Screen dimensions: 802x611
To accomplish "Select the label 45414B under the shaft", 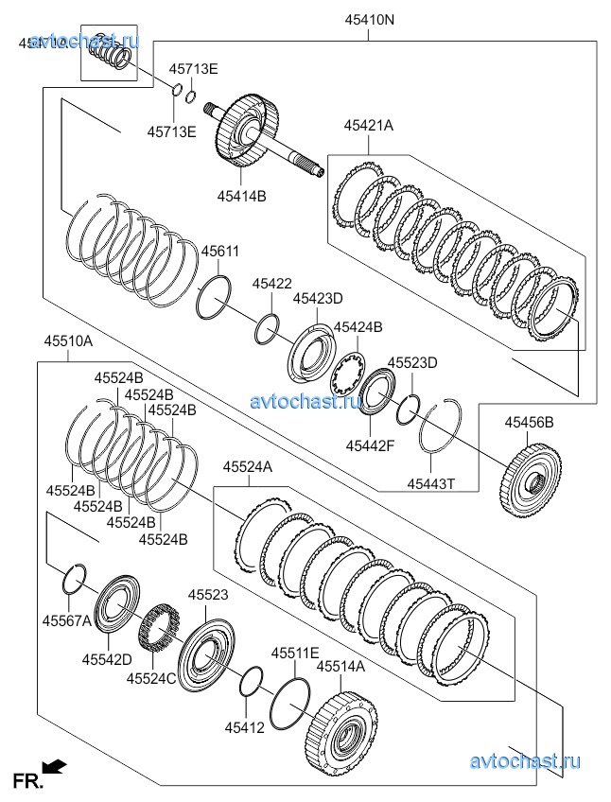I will click(x=241, y=196).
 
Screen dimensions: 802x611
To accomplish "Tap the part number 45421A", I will click(x=368, y=124).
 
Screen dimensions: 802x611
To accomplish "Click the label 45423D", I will click(x=317, y=299).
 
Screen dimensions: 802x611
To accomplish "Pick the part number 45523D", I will click(x=412, y=362).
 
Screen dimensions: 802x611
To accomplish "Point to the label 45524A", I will click(x=248, y=466).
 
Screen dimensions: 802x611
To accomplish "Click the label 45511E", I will click(x=296, y=653).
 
